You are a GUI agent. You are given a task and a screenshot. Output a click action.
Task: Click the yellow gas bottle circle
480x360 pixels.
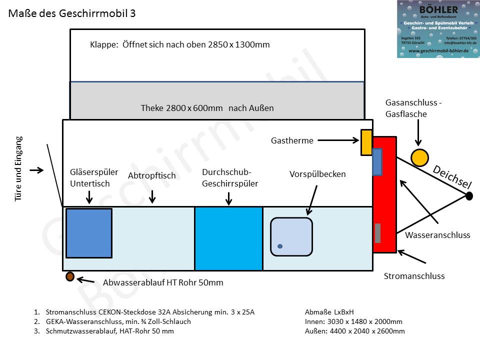[x=419, y=157]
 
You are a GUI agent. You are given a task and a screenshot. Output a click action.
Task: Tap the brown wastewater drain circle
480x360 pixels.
[x=70, y=276]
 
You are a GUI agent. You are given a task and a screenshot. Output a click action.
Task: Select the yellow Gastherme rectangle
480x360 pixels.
[x=366, y=142]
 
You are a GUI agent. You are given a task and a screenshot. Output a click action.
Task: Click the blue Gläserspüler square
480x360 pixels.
[x=89, y=233]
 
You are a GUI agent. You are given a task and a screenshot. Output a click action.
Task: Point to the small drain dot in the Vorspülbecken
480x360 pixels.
[x=280, y=246]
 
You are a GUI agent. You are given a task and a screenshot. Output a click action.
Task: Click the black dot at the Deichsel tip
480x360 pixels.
[x=469, y=196]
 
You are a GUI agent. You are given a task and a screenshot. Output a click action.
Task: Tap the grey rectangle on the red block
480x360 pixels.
[x=377, y=233]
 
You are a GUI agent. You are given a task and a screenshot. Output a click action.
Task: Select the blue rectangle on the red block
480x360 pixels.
[x=377, y=161]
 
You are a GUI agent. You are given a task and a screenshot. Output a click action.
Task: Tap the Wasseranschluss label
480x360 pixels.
[x=437, y=235]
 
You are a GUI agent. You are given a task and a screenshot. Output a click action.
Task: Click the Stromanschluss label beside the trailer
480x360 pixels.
[x=414, y=276]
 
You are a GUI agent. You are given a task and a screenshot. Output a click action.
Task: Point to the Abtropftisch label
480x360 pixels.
[x=151, y=175]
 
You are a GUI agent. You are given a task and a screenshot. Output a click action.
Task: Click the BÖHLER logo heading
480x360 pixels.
[x=438, y=10]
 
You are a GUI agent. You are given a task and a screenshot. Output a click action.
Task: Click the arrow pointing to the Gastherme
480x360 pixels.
[x=338, y=140]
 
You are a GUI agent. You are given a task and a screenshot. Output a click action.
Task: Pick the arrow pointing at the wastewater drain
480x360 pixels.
[x=87, y=281]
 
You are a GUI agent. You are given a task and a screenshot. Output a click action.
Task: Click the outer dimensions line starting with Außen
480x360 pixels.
[x=354, y=331]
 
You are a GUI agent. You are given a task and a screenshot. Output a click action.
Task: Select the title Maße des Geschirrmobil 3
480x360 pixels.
[x=72, y=13]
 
